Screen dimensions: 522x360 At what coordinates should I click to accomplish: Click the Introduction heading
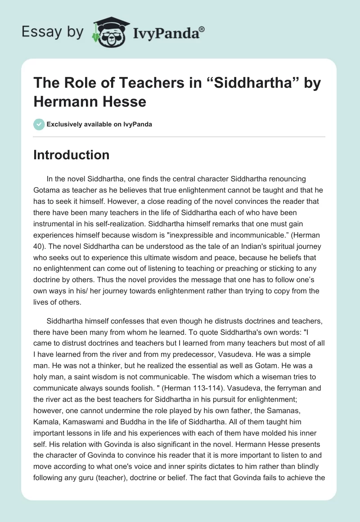tap(72, 155)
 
